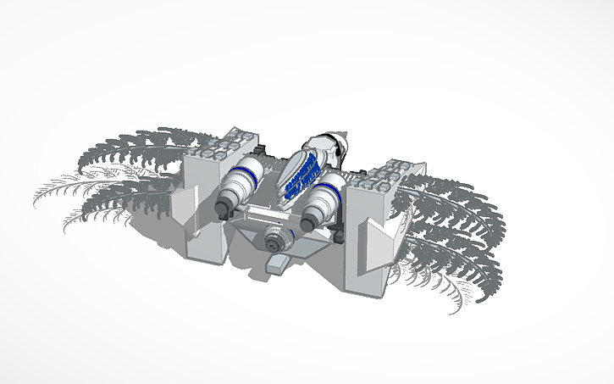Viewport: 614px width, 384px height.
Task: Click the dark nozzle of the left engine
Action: (226, 206)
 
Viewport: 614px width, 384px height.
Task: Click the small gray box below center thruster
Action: (277, 265)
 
